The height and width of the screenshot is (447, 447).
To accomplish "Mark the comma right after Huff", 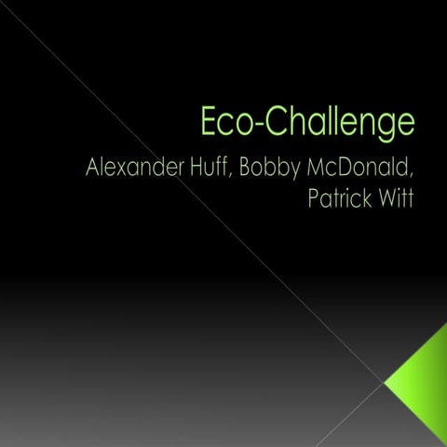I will (x=237, y=180).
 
